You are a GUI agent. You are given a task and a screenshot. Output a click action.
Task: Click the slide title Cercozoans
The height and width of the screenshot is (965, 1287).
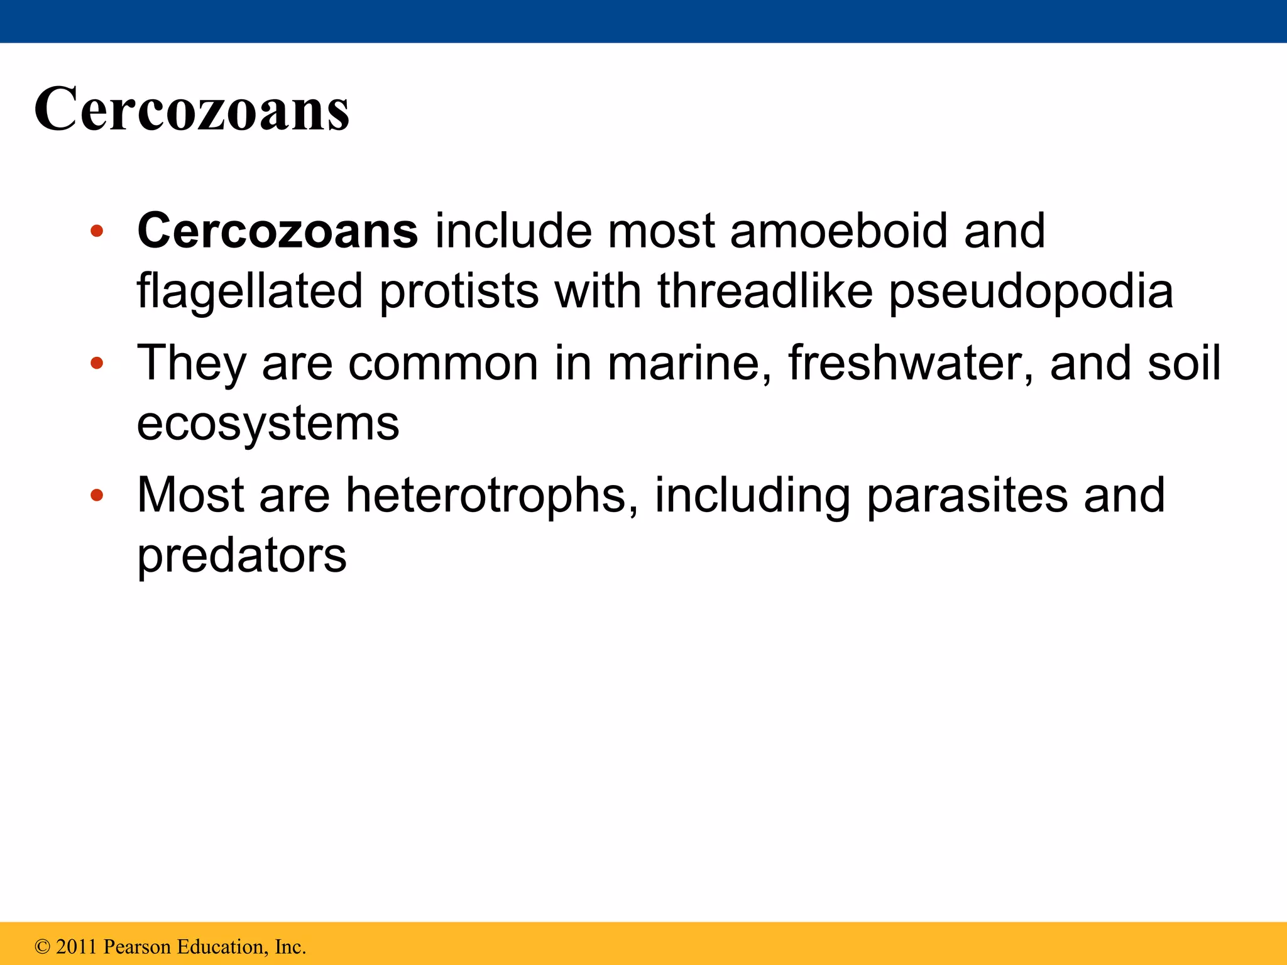[192, 109]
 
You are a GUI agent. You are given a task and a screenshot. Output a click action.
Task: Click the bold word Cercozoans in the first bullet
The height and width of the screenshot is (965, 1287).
[277, 231]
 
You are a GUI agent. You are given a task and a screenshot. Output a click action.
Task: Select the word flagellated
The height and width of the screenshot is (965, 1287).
[249, 292]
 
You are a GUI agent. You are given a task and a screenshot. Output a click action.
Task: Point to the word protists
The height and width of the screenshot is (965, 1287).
[459, 292]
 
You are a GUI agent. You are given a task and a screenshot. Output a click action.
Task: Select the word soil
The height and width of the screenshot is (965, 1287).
[1184, 363]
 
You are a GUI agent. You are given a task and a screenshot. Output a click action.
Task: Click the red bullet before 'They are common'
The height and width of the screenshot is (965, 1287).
[96, 363]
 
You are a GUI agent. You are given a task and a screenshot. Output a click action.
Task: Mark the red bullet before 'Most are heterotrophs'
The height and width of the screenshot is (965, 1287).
[96, 496]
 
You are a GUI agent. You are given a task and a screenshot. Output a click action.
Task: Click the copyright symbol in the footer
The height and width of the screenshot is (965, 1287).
[43, 947]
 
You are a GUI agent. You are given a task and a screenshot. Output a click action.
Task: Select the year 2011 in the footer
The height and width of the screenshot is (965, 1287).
[76, 947]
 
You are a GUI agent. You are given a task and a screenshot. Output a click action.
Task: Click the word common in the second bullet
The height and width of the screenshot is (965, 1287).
[443, 363]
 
